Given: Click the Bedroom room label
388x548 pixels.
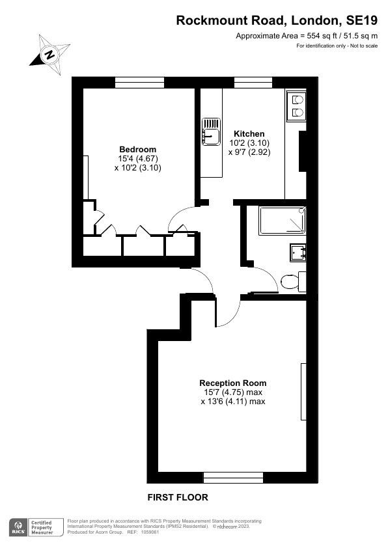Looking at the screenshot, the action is [138, 149].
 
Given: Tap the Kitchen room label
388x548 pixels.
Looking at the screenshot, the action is [249, 133].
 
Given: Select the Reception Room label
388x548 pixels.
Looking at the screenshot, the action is [233, 383].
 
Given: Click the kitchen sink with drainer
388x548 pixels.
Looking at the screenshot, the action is [211, 131].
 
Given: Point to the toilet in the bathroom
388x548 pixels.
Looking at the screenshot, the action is [293, 282].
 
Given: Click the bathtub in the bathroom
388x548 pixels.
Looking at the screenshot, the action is [283, 220].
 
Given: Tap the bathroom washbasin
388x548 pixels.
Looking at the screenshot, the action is [298, 253].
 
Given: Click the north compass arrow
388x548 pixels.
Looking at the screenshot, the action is [50, 55].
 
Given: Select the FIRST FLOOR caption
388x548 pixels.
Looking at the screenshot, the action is [178, 497].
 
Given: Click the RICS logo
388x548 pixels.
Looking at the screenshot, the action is [18, 527].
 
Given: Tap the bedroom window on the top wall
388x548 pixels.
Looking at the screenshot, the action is [139, 83].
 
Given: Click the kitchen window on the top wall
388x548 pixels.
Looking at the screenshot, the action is [253, 83].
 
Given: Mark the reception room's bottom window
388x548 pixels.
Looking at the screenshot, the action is [233, 478].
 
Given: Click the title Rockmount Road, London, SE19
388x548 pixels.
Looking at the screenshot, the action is [277, 21].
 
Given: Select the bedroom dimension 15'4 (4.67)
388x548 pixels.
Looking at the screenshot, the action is [138, 159].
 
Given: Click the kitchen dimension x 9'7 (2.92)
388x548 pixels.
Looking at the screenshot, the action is [249, 152].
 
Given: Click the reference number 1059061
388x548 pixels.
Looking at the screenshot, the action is [150, 532].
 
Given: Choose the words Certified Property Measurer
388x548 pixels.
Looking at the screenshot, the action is [42, 527].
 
